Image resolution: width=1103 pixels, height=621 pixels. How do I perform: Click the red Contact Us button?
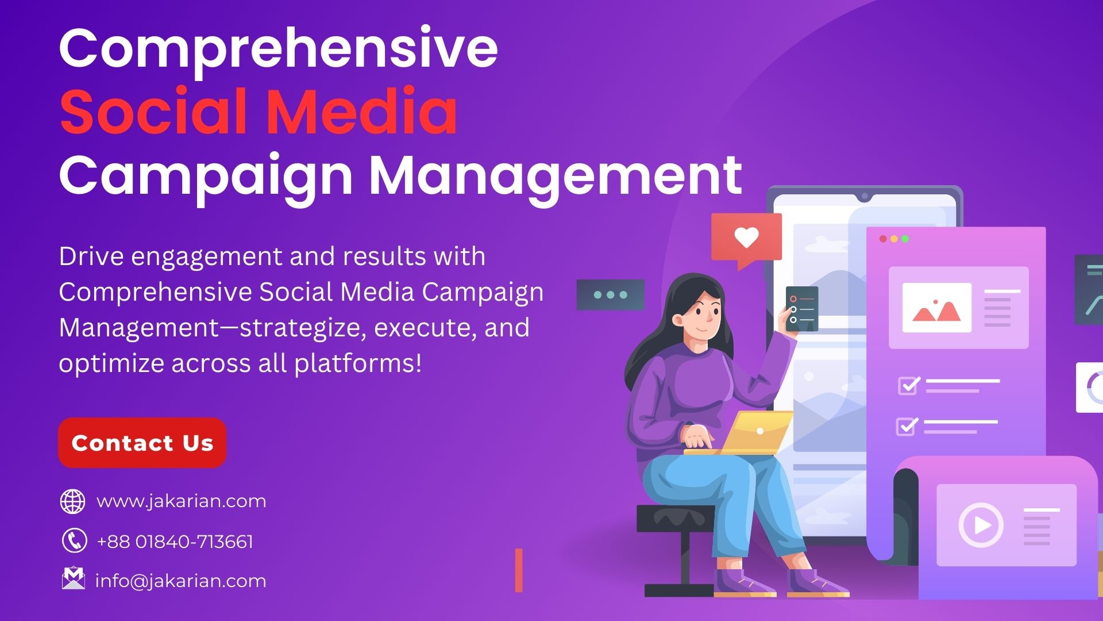point(142,443)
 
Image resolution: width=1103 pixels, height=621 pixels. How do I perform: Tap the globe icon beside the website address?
point(73,501)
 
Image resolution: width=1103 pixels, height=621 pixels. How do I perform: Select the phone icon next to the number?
point(74,541)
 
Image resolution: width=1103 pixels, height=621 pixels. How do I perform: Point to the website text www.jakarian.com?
point(182,501)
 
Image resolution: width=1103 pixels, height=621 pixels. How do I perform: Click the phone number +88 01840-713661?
point(175,542)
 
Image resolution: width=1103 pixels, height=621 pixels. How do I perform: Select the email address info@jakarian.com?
point(180,581)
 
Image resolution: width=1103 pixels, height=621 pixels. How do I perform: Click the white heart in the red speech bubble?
point(746,237)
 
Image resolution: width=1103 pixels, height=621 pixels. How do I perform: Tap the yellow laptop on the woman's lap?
point(747,434)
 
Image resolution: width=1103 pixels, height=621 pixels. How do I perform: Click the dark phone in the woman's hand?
point(801,309)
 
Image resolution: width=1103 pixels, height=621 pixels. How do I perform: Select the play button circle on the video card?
point(981,524)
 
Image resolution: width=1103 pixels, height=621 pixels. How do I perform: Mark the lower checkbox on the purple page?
point(907,426)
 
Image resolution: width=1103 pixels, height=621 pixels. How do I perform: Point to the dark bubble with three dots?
point(610,295)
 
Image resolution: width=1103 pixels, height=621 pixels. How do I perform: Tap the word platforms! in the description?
point(358,363)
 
